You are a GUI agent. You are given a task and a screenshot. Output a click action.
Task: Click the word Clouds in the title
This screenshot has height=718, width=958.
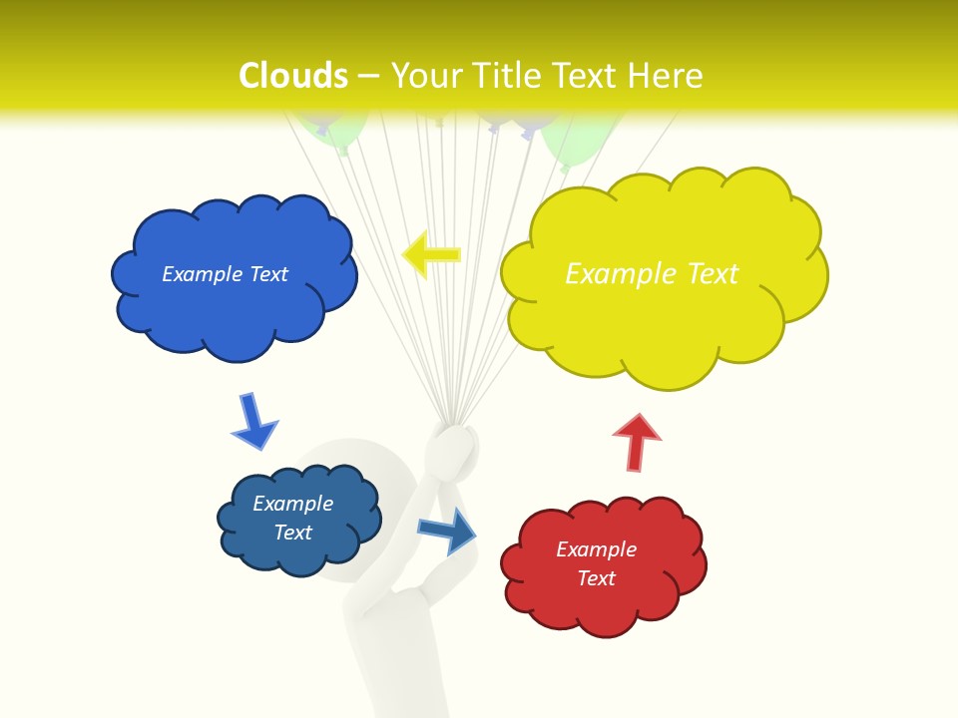coord(293,76)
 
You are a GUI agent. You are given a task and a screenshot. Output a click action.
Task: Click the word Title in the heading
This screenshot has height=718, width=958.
coord(507,76)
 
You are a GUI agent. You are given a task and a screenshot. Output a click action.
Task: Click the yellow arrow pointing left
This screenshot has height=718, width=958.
coord(431,254)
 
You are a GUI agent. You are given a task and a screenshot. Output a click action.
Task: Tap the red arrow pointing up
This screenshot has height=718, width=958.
coord(636,442)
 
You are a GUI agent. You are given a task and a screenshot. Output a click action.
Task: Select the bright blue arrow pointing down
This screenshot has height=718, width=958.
coord(253,422)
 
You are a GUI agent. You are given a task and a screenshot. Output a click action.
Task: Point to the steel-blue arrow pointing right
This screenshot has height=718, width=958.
coord(447,530)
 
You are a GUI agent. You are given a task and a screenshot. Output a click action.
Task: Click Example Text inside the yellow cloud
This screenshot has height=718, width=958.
coord(652,274)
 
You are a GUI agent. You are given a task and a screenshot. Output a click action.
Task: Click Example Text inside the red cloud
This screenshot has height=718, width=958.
coord(596,563)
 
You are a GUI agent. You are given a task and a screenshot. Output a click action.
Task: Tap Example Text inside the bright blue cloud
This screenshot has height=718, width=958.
coord(225,274)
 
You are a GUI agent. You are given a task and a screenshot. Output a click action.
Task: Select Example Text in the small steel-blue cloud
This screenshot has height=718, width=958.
coord(292,518)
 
